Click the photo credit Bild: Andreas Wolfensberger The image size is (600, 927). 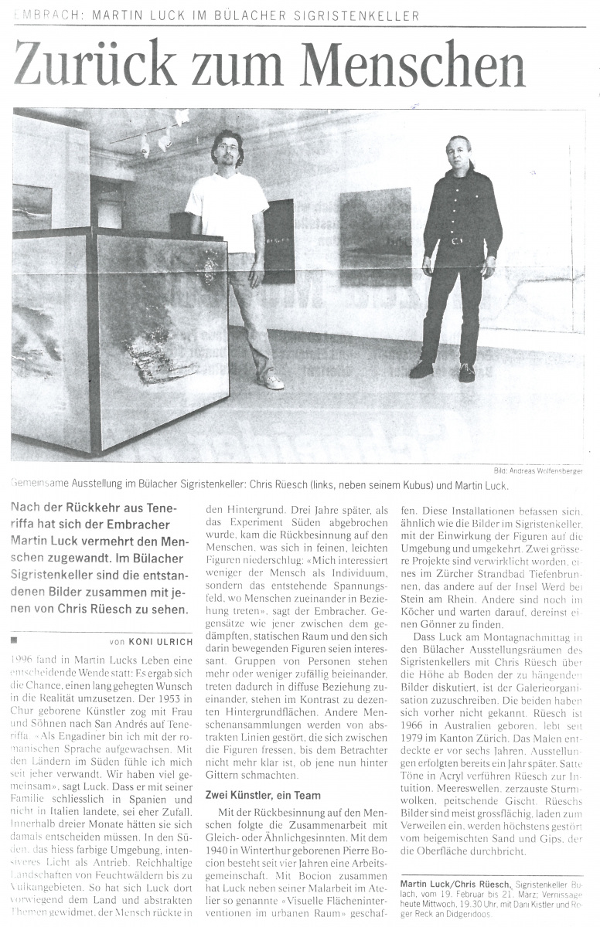coord(538,470)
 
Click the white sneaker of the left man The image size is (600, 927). coord(272,380)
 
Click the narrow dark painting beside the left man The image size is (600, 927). coord(278,240)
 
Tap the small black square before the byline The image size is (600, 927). coord(14,640)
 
